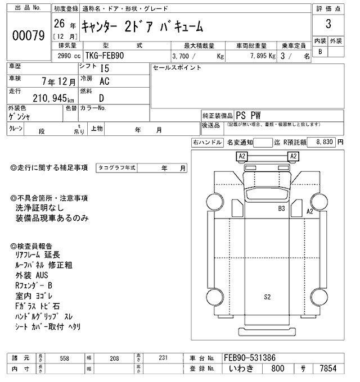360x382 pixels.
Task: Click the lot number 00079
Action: (28, 35)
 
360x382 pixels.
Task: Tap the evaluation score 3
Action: (327, 26)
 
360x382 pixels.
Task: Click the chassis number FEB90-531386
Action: (250, 358)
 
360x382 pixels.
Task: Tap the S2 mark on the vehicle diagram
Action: (267, 297)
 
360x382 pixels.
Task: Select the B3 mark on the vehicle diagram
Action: (281, 208)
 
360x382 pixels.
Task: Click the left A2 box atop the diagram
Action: (242, 156)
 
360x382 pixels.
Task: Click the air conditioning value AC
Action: (105, 81)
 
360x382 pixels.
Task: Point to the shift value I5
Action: (105, 69)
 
